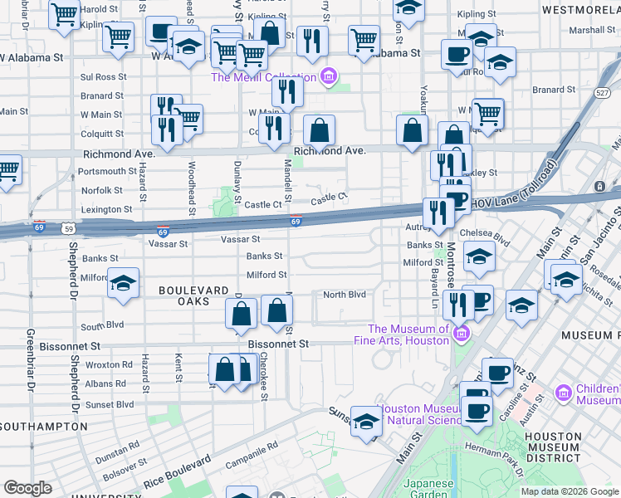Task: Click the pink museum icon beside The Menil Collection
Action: point(329,78)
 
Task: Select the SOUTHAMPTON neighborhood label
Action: point(43,426)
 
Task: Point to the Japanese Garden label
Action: point(428,489)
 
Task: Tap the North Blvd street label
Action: point(345,295)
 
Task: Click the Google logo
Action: point(27,488)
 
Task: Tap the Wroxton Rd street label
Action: point(109,364)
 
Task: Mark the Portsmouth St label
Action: point(107,172)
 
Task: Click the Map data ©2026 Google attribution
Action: point(570,491)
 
